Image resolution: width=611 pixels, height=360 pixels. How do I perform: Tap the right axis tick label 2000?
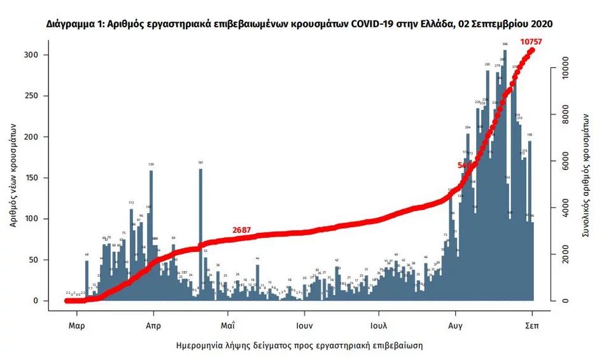coord(561,254)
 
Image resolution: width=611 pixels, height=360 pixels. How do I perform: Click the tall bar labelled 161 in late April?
coord(201,235)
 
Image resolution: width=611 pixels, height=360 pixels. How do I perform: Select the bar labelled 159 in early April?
coord(151,235)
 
